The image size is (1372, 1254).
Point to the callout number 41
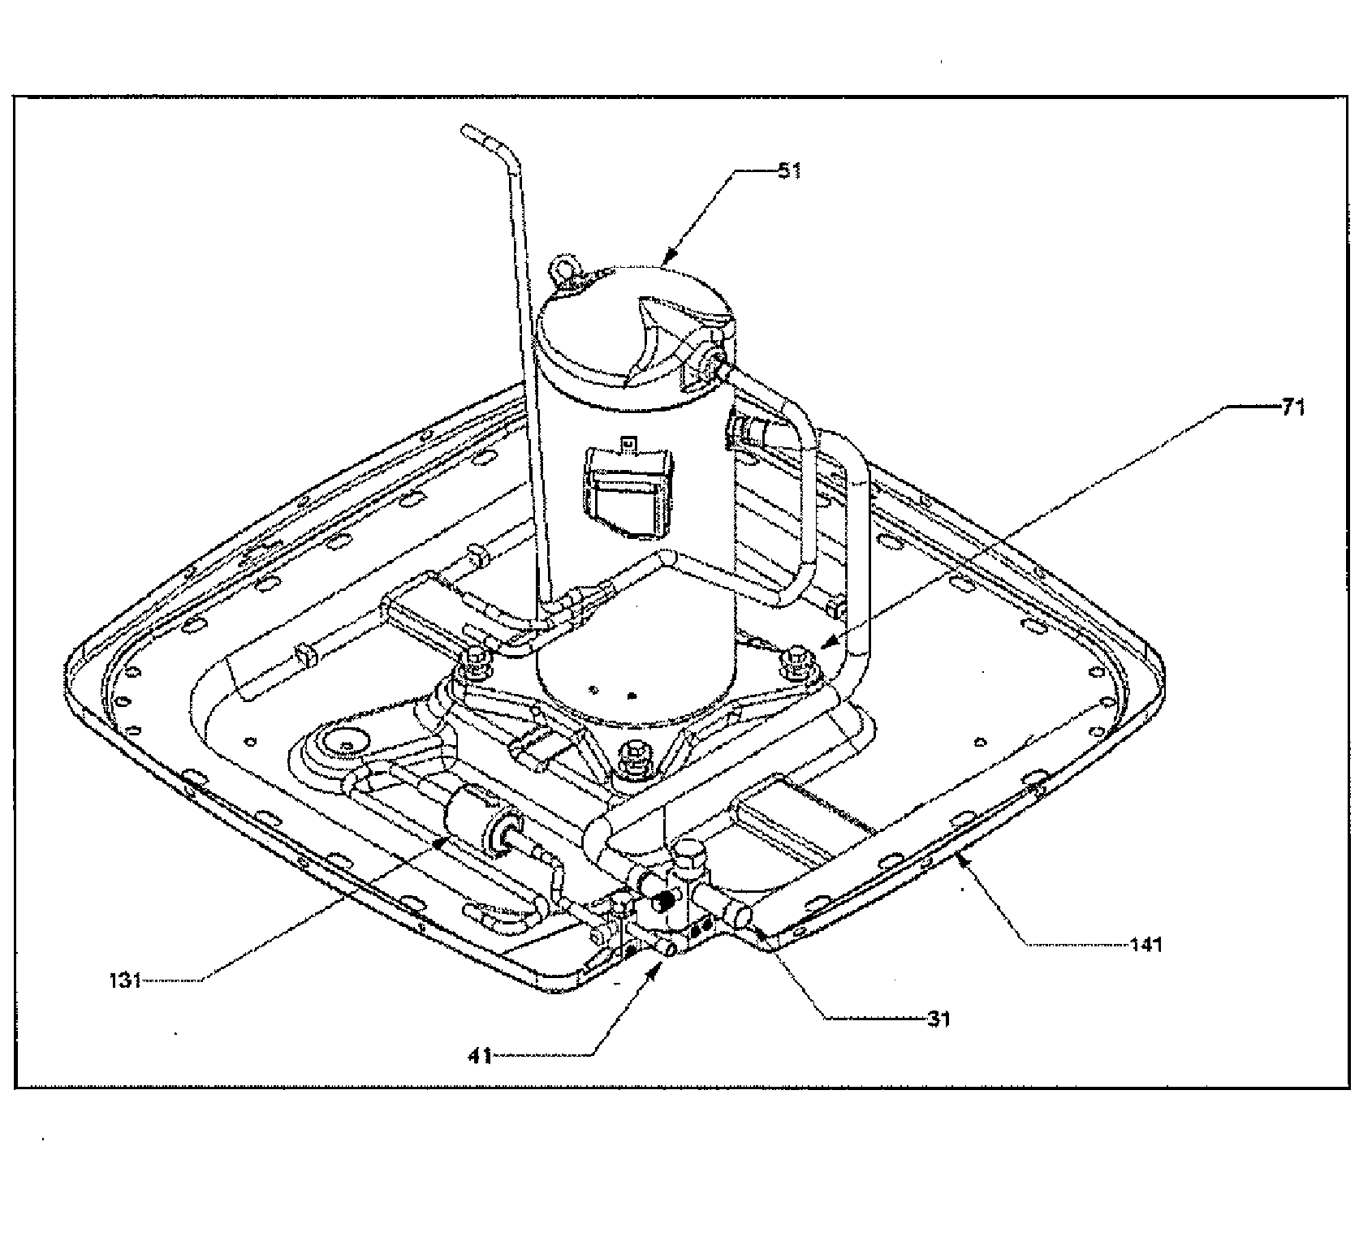click(x=481, y=1055)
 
